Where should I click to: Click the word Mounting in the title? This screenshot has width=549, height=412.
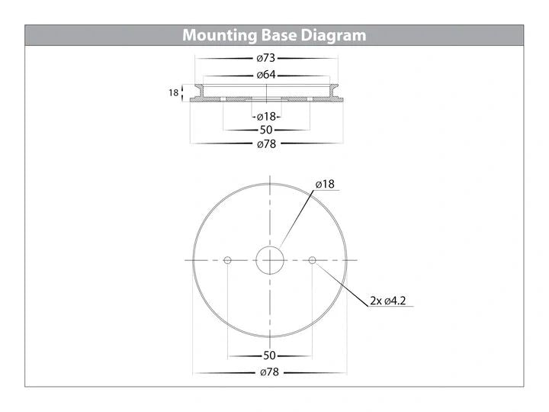220,35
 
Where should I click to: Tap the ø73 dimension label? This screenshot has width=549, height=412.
266,58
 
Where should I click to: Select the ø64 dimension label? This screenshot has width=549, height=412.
266,75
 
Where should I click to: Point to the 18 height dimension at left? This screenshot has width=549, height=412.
174,93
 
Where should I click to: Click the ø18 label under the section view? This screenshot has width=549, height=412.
266,117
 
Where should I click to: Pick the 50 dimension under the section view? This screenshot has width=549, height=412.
266,130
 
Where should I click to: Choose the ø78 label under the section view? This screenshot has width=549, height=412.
267,144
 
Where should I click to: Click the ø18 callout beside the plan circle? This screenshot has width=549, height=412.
325,185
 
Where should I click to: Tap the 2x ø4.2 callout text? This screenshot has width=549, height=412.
388,301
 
